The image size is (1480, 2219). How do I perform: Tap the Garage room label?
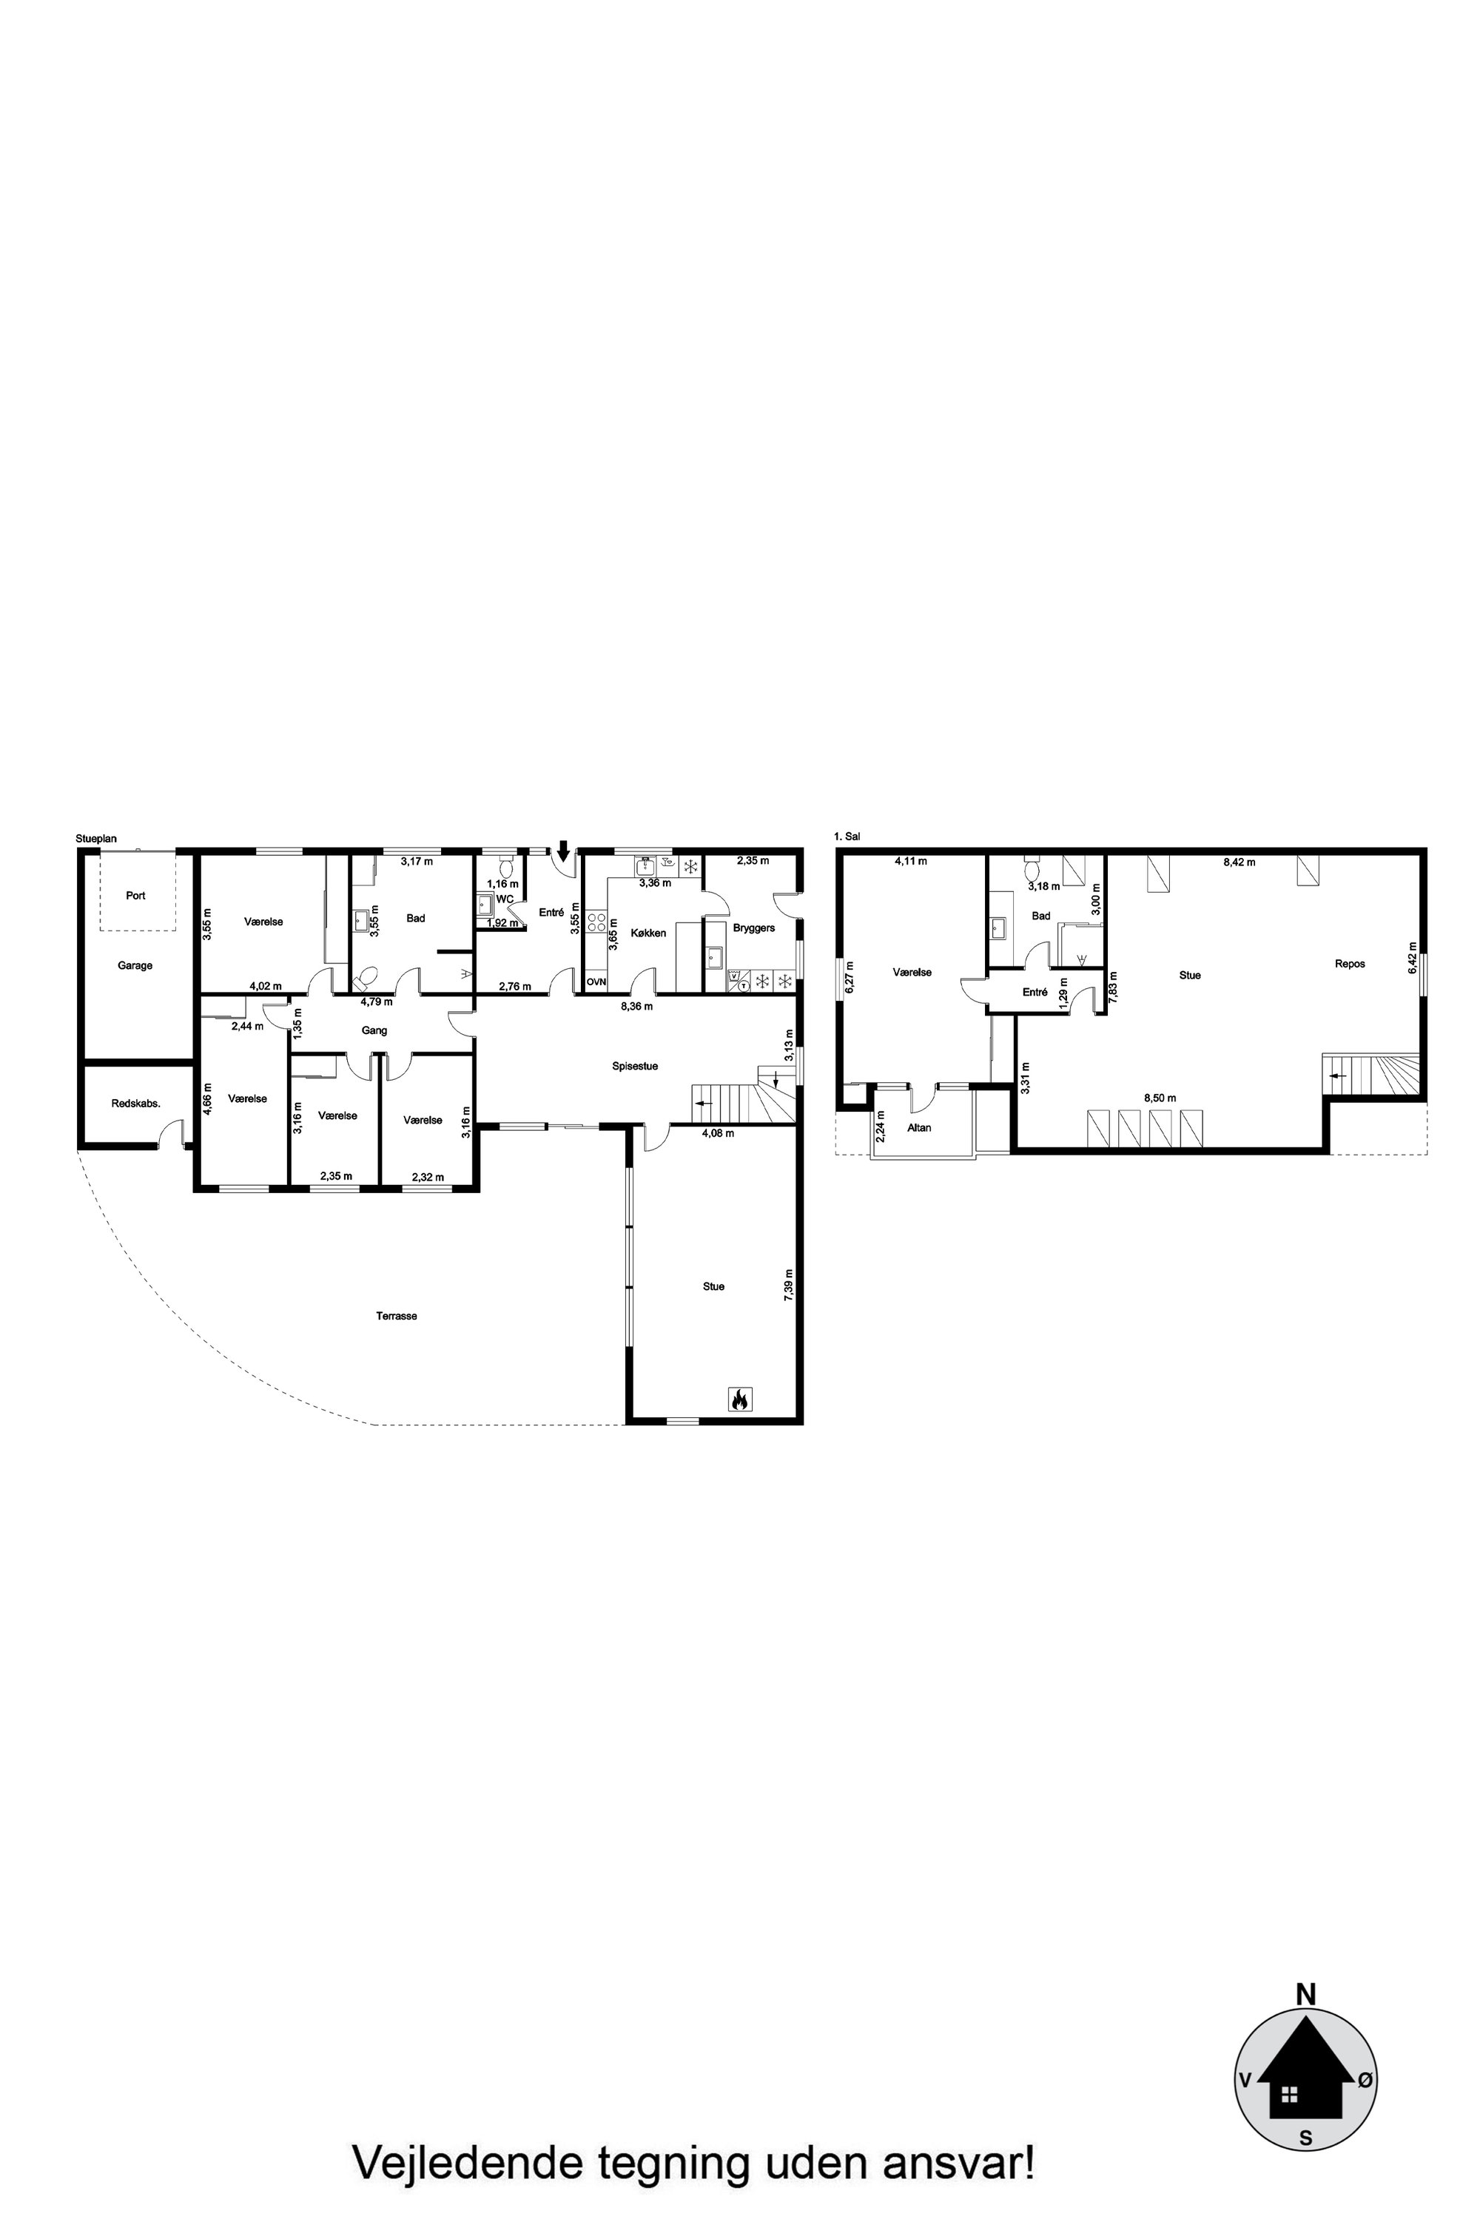pyautogui.click(x=135, y=965)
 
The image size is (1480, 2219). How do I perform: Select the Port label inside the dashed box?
pyautogui.click(x=136, y=895)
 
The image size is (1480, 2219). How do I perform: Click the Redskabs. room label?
pyautogui.click(x=135, y=1103)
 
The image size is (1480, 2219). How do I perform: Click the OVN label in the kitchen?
pyautogui.click(x=596, y=982)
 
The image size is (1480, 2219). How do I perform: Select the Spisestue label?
pyautogui.click(x=634, y=1066)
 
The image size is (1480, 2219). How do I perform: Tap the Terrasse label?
pyautogui.click(x=397, y=1316)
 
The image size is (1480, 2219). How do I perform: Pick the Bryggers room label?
pyautogui.click(x=753, y=928)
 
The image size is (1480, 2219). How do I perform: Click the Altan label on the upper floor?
pyautogui.click(x=918, y=1127)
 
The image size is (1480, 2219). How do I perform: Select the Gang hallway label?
pyautogui.click(x=374, y=1030)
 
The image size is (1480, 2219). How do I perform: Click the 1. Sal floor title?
pyautogui.click(x=847, y=836)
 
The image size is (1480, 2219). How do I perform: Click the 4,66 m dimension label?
pyautogui.click(x=209, y=1098)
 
